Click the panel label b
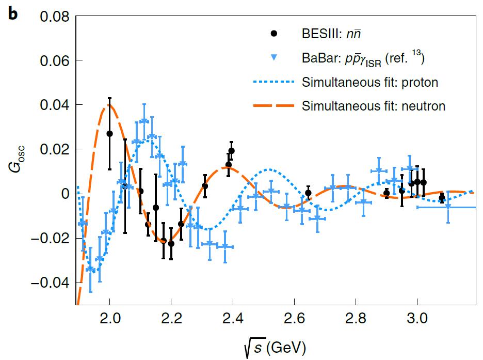click(x=12, y=14)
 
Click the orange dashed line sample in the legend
click(x=274, y=106)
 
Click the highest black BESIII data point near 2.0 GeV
click(x=109, y=133)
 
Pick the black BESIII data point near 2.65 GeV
click(x=308, y=193)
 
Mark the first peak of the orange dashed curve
click(x=109, y=105)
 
